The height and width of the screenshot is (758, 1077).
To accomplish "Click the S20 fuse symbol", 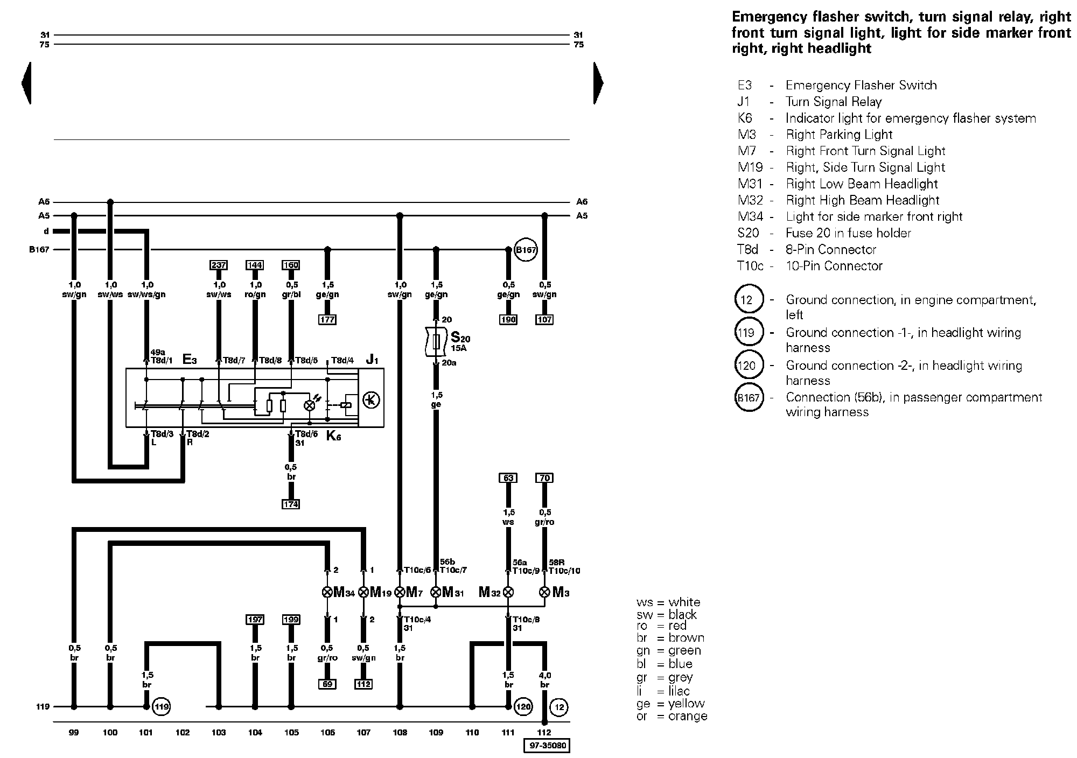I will tap(436, 341).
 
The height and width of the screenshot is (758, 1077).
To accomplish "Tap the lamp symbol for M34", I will tap(327, 592).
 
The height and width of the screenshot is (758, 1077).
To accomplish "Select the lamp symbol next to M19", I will tap(363, 592).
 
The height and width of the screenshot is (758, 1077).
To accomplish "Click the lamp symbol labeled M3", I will tap(544, 592).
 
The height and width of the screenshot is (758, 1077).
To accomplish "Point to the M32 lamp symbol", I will tap(507, 592).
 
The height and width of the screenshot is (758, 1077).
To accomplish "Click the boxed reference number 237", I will tap(219, 265).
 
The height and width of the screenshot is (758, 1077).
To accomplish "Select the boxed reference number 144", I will tap(255, 265).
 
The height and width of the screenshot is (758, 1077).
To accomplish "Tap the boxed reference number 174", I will tap(291, 504).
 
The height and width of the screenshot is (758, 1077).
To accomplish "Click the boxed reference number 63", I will tap(508, 478).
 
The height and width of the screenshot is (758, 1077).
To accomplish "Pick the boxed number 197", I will tap(255, 620).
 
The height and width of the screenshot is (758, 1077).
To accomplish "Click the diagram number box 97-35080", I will tap(547, 746).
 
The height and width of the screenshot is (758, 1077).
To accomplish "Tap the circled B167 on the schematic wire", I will tap(526, 250).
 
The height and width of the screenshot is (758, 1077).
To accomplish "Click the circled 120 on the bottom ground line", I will tap(523, 706).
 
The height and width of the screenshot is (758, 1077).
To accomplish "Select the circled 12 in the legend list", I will tap(749, 299).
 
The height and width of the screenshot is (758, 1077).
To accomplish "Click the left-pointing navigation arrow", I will tap(26, 83).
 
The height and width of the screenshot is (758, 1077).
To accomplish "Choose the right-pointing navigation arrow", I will tap(598, 83).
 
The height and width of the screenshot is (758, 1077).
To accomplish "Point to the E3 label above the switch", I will tap(190, 359).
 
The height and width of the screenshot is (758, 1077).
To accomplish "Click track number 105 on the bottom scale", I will tap(291, 732).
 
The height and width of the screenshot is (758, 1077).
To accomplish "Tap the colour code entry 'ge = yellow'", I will tap(670, 704).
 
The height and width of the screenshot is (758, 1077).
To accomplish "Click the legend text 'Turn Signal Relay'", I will tap(834, 102).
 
